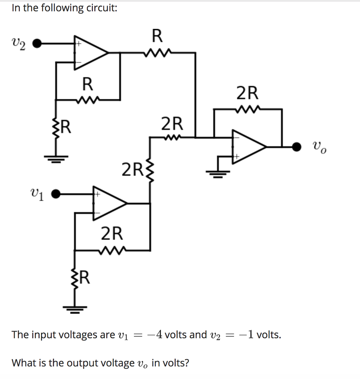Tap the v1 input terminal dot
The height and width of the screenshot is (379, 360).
click(x=56, y=194)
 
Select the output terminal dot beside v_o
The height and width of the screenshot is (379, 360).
click(x=297, y=147)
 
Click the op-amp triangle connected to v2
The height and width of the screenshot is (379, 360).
click(x=90, y=53)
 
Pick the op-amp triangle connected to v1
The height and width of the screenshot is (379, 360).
click(x=109, y=203)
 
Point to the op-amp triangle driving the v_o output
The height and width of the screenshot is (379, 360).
click(x=248, y=147)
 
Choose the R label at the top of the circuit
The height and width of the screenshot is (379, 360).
click(x=157, y=36)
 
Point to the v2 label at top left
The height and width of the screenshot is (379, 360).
click(x=17, y=45)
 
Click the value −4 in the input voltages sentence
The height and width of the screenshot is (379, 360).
click(x=155, y=335)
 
